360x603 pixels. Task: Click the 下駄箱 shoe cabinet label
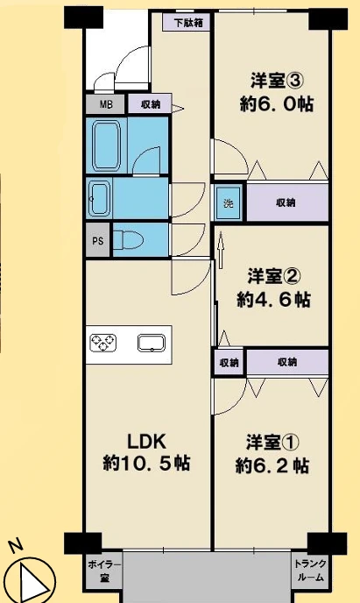[x=187, y=22]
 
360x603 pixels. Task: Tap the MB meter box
[x=105, y=104]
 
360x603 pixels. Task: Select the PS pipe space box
[x=98, y=241]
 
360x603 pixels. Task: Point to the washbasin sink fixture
[x=100, y=199]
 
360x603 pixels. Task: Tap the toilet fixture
[x=129, y=240]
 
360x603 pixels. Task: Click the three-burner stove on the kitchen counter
[x=103, y=343]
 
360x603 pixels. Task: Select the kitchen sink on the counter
[x=152, y=343]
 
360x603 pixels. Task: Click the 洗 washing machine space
[x=229, y=202]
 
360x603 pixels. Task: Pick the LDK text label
[x=146, y=442]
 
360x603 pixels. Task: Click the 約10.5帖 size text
[x=146, y=463]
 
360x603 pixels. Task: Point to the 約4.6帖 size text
[x=273, y=299]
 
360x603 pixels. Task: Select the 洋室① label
[x=272, y=443]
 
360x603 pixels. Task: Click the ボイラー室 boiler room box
[x=104, y=571]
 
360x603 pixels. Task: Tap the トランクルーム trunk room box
[x=310, y=571]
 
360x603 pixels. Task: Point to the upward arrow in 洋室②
[x=221, y=252]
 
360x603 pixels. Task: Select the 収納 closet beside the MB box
[x=150, y=104]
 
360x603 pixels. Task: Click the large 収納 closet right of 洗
[x=287, y=202]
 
